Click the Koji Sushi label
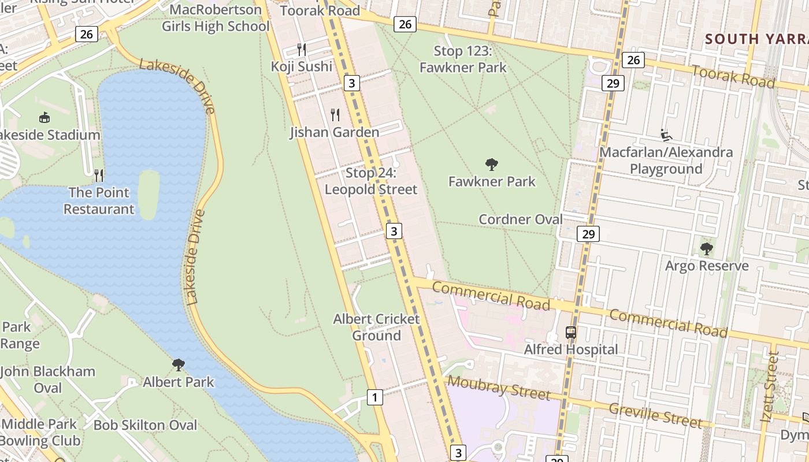302,66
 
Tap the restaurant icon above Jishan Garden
335,115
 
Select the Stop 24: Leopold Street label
371,181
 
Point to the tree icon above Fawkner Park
492,165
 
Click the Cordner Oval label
521,219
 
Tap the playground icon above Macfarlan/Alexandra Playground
666,135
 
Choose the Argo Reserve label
707,266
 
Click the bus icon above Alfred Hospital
570,333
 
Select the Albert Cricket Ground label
376,327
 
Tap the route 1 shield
375,397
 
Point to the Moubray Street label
499,388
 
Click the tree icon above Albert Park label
179,365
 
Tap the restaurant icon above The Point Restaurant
99,175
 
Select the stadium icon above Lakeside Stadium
44,118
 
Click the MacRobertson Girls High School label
216,18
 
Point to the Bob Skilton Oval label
145,425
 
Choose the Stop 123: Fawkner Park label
463,59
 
